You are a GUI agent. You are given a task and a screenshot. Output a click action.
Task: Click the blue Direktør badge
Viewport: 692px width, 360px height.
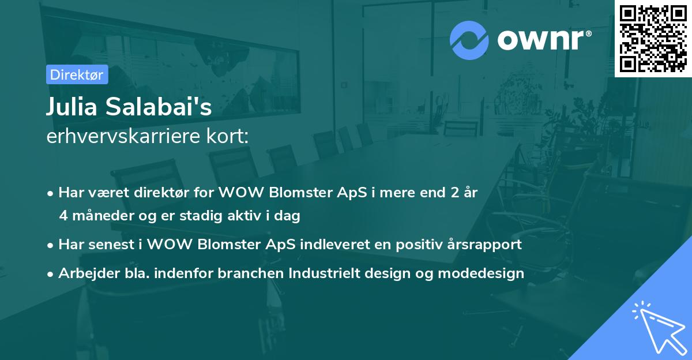[77, 74]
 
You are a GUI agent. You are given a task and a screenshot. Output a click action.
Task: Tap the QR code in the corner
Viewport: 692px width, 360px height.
[653, 39]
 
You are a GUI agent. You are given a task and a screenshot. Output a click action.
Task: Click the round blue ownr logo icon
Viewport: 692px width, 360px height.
[469, 40]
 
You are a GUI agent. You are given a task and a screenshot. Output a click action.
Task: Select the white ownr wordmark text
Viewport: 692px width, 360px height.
[541, 40]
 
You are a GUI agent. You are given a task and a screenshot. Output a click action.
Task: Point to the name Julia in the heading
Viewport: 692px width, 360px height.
[72, 107]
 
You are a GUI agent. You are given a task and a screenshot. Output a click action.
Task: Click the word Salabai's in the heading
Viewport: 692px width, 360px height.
[159, 107]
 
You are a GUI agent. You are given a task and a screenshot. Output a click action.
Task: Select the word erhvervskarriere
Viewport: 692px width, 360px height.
[123, 136]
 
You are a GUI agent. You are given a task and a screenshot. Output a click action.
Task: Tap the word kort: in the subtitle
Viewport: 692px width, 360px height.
[227, 136]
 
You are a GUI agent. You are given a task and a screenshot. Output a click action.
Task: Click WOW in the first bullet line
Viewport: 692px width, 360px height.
[241, 193]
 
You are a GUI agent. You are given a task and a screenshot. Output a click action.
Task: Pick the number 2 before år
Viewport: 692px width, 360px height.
[455, 193]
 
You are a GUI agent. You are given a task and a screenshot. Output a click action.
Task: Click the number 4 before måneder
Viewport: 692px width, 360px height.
[63, 216]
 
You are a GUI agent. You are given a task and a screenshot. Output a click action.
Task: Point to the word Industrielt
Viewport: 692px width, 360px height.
[324, 273]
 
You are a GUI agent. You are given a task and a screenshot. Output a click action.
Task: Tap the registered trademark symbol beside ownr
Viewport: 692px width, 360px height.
[589, 33]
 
